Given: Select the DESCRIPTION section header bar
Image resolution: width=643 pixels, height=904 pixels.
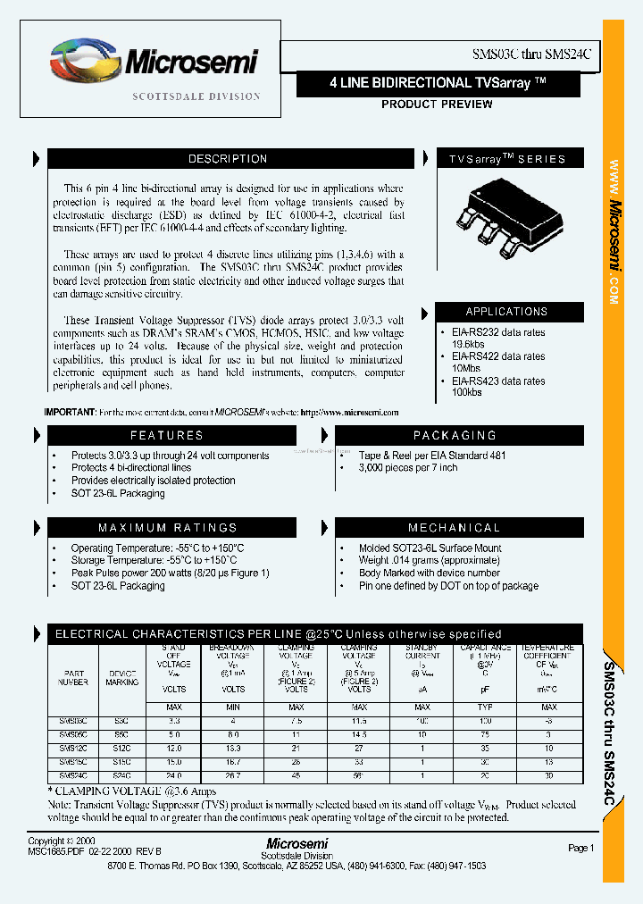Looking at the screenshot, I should (228, 159).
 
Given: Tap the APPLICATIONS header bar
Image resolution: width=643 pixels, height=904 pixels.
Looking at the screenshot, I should (506, 312).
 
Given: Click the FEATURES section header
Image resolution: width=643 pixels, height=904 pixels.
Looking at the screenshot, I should (167, 435).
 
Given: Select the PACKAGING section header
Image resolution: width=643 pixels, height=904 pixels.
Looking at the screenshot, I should (455, 435).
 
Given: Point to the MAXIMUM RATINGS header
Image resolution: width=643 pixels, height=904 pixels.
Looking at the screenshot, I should (167, 528).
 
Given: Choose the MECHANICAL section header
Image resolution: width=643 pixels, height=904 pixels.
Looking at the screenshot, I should (455, 528).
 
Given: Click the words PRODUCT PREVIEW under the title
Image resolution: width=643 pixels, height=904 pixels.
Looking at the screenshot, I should (437, 105).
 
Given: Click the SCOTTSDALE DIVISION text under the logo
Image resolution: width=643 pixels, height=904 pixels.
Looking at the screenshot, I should (196, 96).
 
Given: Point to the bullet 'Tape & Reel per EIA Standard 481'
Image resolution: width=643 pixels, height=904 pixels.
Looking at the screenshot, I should (432, 456).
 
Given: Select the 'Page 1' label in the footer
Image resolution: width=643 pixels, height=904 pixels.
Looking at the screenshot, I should (580, 848).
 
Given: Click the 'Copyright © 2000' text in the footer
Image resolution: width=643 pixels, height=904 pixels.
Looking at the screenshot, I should (60, 841).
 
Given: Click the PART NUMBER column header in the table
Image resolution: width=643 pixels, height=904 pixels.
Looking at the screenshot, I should (74, 677).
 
